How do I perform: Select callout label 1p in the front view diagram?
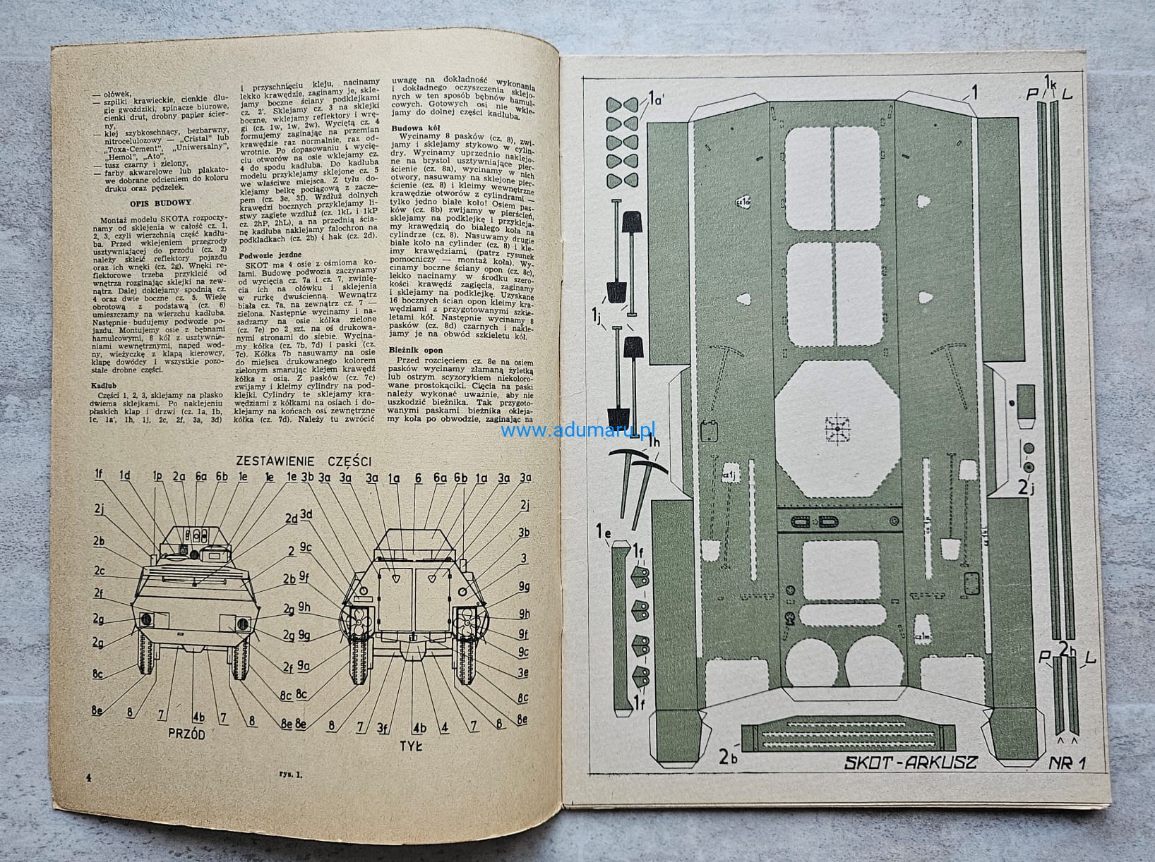[x=157, y=477]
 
